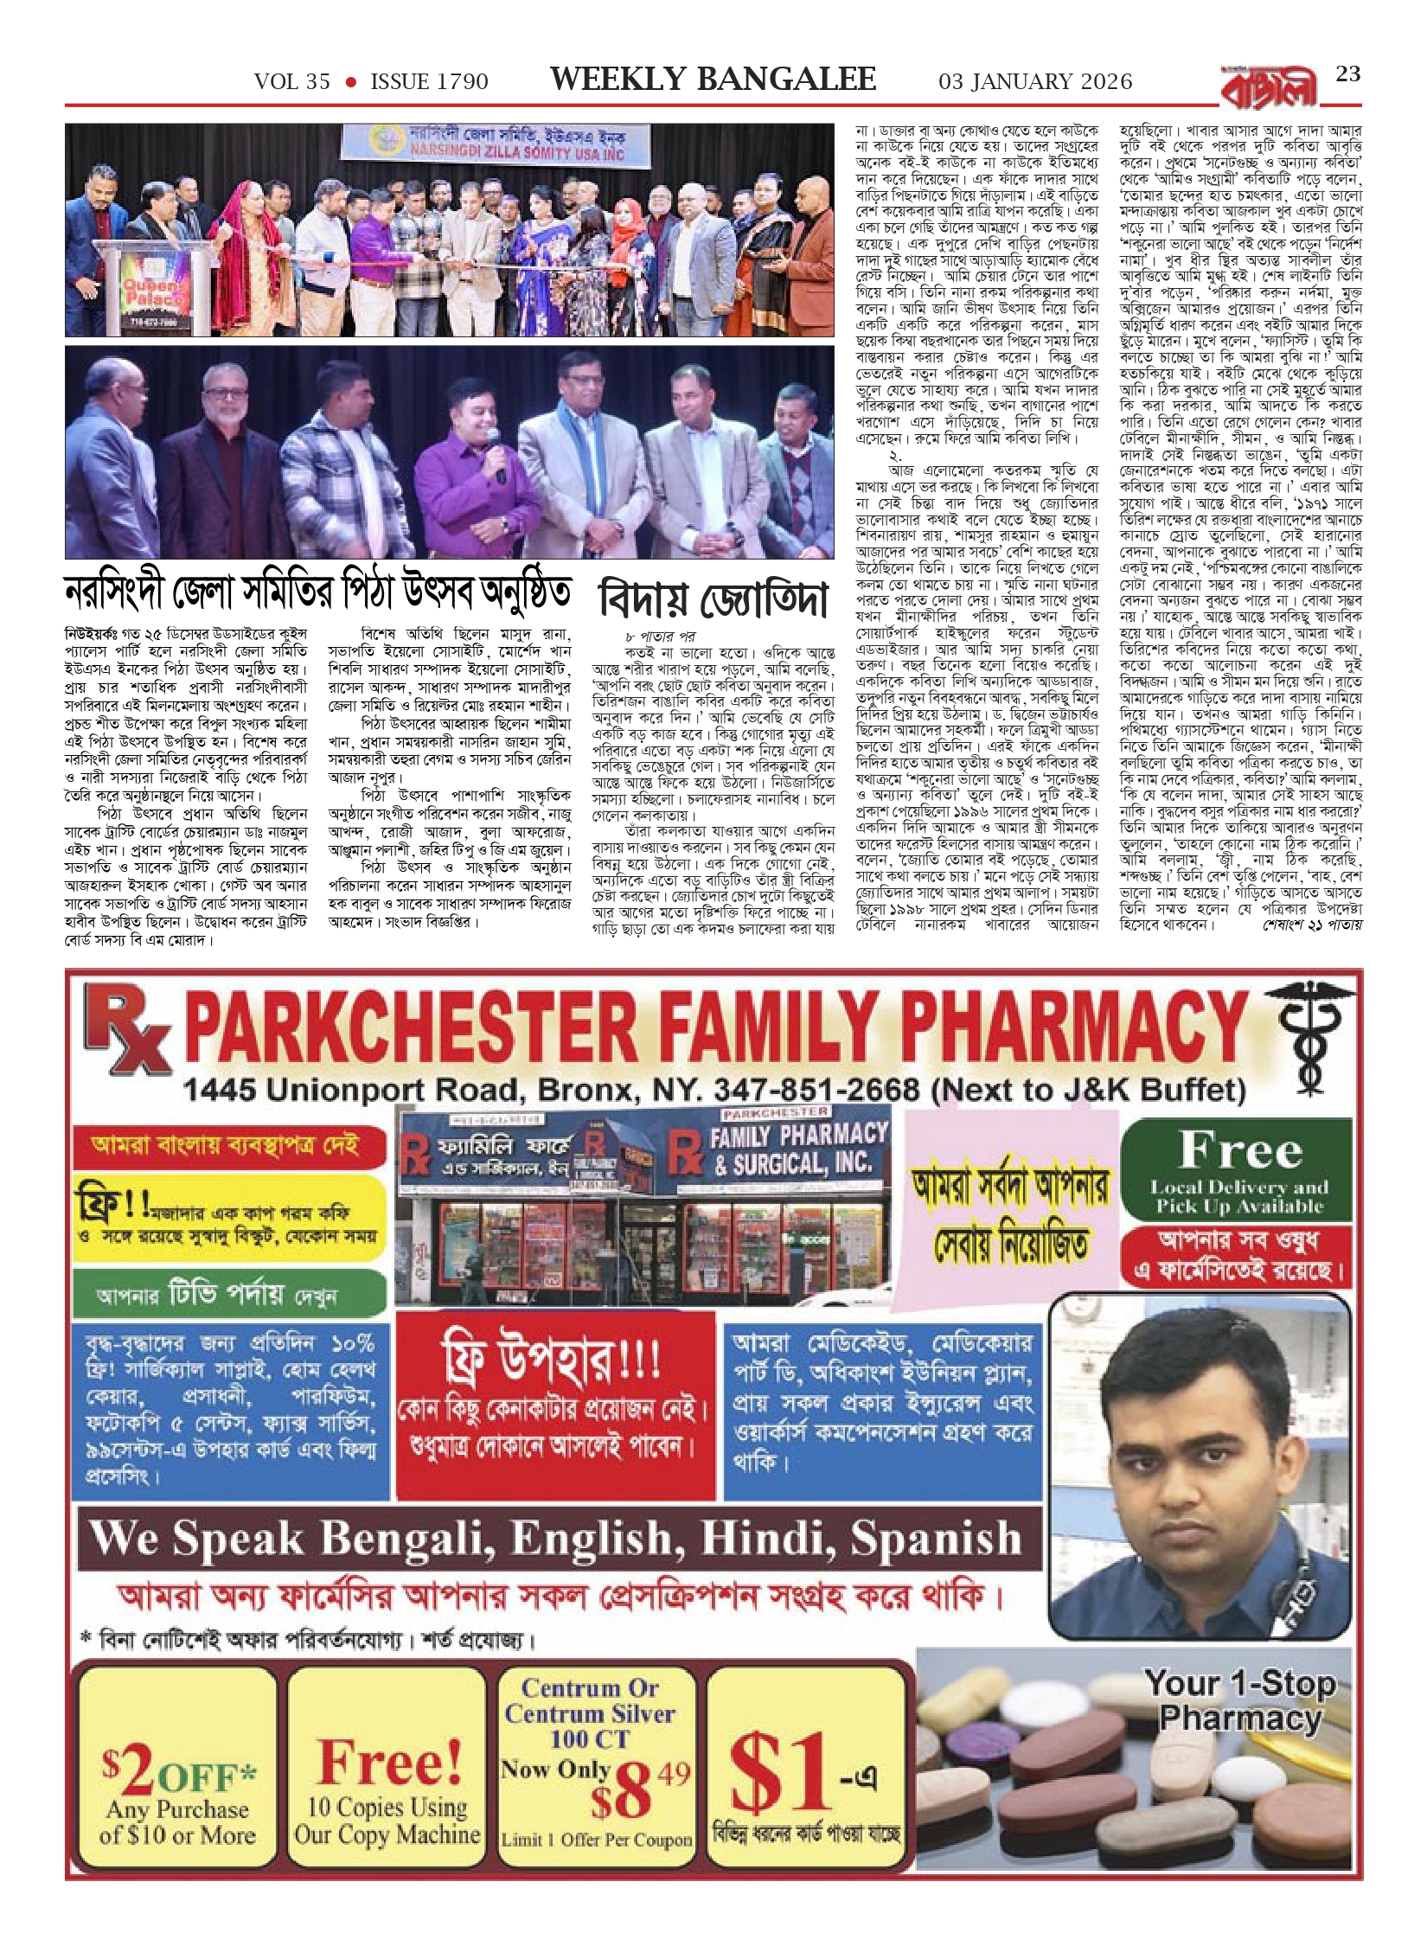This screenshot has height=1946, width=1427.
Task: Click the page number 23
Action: [x=1348, y=74]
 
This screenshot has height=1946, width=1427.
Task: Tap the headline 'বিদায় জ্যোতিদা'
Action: [x=713, y=600]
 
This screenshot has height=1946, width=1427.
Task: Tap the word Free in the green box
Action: [x=1239, y=1150]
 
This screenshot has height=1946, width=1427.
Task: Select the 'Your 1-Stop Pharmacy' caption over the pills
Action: [x=1239, y=1700]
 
